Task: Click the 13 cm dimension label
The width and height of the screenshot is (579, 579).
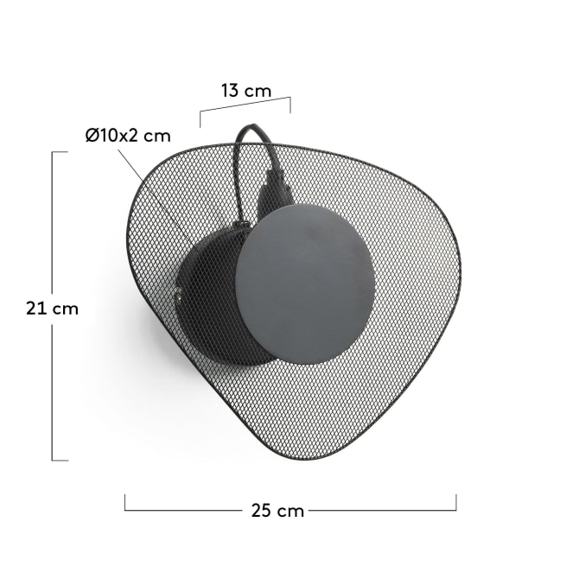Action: tap(246, 91)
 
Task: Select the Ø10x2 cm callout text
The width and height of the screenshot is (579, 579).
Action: tap(128, 136)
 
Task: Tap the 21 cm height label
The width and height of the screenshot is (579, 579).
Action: tap(52, 309)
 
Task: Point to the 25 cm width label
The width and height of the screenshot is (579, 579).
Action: tap(277, 511)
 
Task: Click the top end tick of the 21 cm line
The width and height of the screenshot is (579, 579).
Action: tap(60, 152)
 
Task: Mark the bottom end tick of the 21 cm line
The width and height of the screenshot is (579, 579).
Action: tap(60, 461)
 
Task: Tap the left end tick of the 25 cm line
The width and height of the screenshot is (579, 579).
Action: tap(124, 503)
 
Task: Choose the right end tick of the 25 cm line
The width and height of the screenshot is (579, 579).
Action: tap(456, 503)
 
